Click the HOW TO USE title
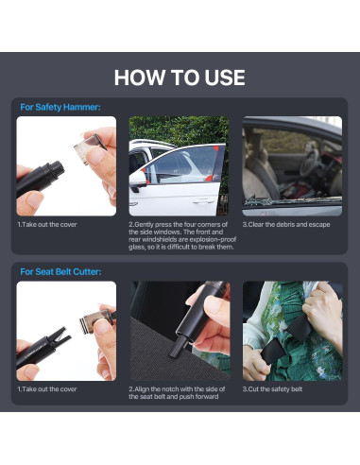coord(180,77)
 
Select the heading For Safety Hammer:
coord(60,107)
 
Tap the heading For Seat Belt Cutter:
coord(60,271)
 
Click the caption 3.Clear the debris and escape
coord(286,225)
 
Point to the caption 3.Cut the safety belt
coord(272,389)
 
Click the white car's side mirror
coord(138,181)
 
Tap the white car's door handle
coord(203,200)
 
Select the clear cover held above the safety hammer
coord(90,147)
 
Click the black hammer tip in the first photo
coord(53,171)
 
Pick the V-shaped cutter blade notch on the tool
coord(60,337)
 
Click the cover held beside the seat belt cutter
coord(97,320)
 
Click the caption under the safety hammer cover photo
coord(47,225)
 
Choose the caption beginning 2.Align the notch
coord(177,393)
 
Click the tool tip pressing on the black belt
coord(178,347)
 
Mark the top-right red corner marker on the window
coord(216,149)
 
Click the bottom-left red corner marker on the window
coord(145,172)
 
